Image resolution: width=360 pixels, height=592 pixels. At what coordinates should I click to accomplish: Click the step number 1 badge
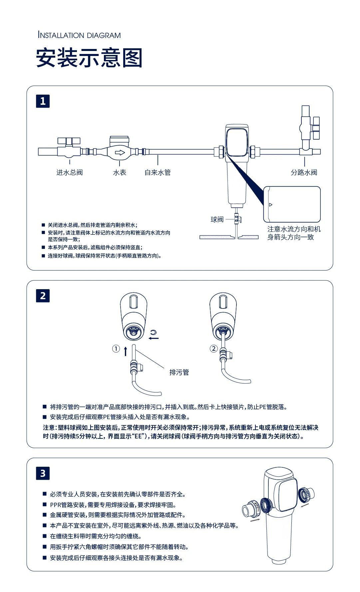(x=43, y=101)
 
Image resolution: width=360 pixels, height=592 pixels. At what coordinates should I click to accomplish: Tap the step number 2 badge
(x=43, y=296)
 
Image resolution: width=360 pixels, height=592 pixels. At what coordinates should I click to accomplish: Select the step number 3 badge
(x=43, y=473)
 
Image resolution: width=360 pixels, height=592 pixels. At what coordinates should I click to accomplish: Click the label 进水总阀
(x=69, y=172)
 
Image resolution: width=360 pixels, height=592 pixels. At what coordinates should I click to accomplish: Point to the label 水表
(x=120, y=172)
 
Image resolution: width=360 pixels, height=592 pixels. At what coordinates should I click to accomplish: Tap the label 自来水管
(x=158, y=172)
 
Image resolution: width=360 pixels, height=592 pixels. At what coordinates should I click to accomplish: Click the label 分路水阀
(x=304, y=172)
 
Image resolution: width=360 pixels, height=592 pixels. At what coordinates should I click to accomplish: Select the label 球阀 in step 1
(x=217, y=220)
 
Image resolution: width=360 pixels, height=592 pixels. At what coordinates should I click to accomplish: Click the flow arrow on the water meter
(x=120, y=153)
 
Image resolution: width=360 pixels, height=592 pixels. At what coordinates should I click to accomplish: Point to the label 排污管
(x=179, y=372)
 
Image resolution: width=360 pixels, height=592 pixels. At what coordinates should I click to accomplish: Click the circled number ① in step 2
(x=116, y=349)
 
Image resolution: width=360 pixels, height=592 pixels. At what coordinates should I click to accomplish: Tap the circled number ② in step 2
(x=213, y=349)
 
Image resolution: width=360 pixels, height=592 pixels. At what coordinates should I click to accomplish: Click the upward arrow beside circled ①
(x=126, y=351)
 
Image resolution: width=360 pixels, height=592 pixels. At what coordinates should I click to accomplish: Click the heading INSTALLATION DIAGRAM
(x=79, y=35)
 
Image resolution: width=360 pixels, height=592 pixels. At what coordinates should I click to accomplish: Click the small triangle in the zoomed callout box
(x=270, y=205)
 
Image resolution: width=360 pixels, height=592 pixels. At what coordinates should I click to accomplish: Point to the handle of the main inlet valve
(x=69, y=141)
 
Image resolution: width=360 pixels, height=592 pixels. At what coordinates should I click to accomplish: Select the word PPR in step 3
(x=55, y=505)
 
